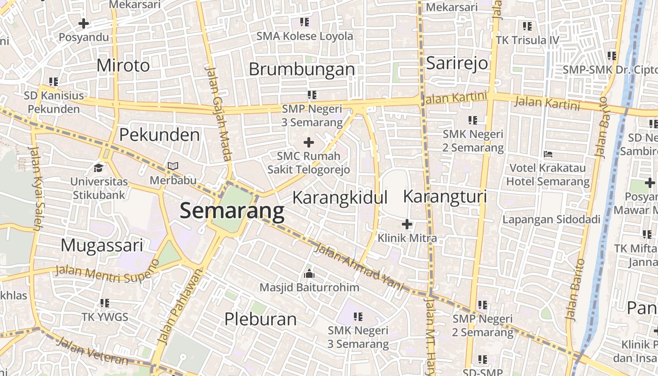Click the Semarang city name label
click(x=232, y=211)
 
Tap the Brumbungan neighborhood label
click(x=301, y=69)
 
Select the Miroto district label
click(x=123, y=65)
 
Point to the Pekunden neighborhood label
click(x=159, y=135)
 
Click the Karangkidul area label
click(x=340, y=197)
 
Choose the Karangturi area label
click(x=445, y=196)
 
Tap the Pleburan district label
click(x=260, y=319)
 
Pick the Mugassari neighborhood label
click(x=102, y=245)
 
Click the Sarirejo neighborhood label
click(x=457, y=63)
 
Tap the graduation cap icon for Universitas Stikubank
click(x=99, y=168)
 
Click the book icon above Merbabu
click(x=173, y=166)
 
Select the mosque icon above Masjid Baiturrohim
click(x=309, y=273)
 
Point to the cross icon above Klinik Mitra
click(x=407, y=224)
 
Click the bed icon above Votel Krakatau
click(x=548, y=154)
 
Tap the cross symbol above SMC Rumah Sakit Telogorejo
click(x=309, y=142)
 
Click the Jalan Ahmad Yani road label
click(x=359, y=266)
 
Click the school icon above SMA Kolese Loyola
click(x=305, y=22)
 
